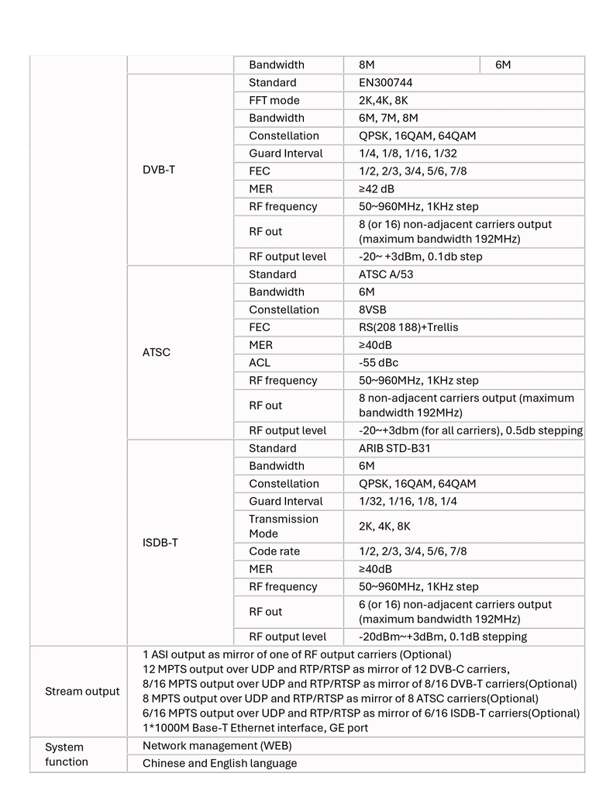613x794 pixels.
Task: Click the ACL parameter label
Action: pyautogui.click(x=260, y=363)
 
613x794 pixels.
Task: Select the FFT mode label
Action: pyautogui.click(x=274, y=101)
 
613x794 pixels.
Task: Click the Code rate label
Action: pyautogui.click(x=274, y=551)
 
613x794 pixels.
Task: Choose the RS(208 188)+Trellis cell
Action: pyautogui.click(x=408, y=327)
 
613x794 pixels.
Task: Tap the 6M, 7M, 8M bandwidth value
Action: pyautogui.click(x=388, y=118)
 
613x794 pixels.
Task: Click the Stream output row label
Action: pyautogui.click(x=82, y=691)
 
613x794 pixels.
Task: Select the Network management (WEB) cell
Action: pyautogui.click(x=217, y=746)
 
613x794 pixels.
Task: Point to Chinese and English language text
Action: pyautogui.click(x=219, y=763)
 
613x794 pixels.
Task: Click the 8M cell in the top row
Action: pyautogui.click(x=367, y=65)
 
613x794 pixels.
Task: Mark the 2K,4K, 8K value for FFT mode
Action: pyautogui.click(x=383, y=101)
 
